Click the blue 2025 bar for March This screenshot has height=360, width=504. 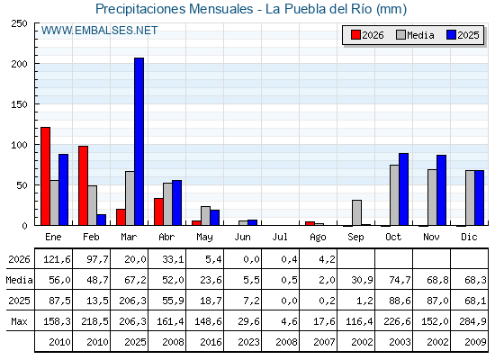(139, 141)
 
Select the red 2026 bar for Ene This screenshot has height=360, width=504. (45, 176)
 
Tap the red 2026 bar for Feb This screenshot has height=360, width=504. (83, 185)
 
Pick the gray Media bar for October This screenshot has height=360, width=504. (394, 195)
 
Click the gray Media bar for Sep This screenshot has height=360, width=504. (356, 212)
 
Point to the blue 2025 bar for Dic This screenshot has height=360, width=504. (479, 198)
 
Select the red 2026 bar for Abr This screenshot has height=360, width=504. (158, 211)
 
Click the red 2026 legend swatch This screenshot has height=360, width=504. (355, 35)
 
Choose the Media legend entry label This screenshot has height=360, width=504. (420, 35)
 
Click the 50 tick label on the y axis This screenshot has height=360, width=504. (22, 185)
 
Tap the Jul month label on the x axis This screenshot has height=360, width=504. (280, 238)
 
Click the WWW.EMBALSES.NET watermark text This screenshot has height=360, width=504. (99, 31)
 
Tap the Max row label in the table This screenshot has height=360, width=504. (19, 321)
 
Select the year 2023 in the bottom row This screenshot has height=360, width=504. (248, 342)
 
